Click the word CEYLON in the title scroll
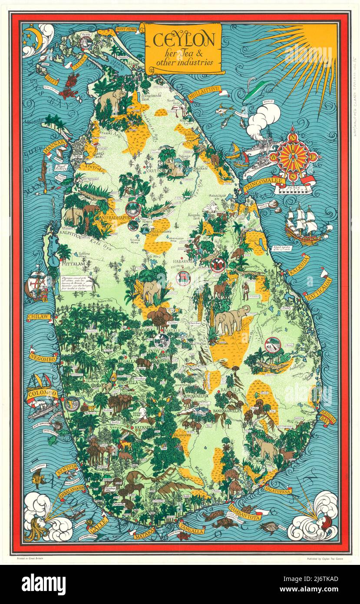click(183, 40)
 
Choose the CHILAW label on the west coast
click(39, 317)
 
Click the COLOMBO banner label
click(42, 394)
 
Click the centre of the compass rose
click(293, 155)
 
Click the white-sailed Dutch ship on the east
click(306, 224)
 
